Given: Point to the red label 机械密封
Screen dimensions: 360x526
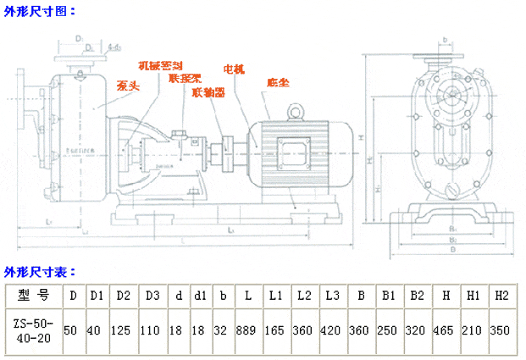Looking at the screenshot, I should click(161, 65).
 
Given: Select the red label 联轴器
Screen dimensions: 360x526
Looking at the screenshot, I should click(208, 92).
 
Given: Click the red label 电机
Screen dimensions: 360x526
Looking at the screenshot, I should click(234, 69).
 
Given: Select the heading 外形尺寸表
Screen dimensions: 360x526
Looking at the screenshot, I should click(40, 272).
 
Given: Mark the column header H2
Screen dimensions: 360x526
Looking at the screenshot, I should click(501, 296).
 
